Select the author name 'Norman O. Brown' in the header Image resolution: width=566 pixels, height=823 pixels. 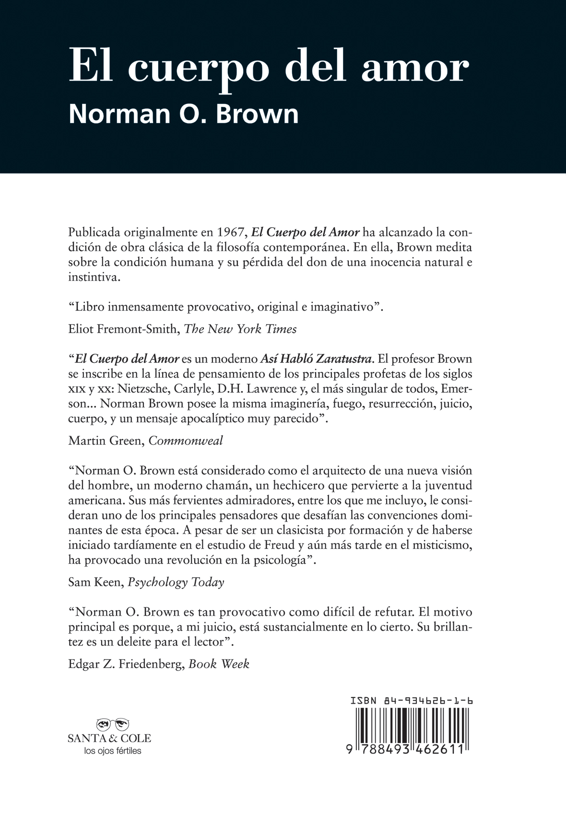coord(183,114)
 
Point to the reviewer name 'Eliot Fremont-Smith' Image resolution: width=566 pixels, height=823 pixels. coord(122,329)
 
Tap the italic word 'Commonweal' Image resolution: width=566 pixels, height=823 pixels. coord(186,440)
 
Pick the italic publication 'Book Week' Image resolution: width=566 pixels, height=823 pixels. coord(219,664)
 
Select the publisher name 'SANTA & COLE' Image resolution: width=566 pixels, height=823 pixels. coord(109,738)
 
